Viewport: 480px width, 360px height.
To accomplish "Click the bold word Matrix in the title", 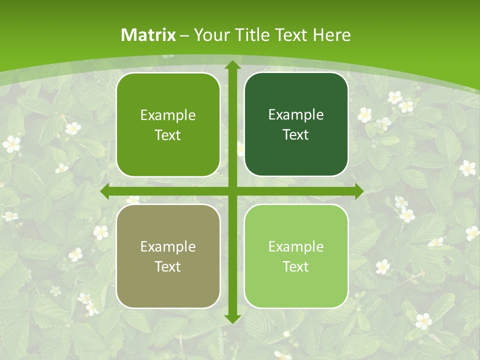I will click(x=148, y=35).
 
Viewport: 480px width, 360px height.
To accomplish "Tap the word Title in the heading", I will click(x=246, y=35).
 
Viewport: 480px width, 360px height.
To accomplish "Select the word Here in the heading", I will click(x=332, y=35).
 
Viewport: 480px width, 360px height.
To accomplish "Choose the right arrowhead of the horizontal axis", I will click(x=358, y=191).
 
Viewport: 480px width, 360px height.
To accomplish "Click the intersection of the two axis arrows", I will click(x=232, y=191).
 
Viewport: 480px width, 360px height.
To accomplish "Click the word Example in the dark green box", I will click(x=296, y=115).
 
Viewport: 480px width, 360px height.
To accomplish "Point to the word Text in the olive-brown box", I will click(x=168, y=266).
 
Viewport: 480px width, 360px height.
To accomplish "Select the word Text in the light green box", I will click(x=296, y=266).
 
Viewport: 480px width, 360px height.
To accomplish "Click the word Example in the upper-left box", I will click(x=168, y=115).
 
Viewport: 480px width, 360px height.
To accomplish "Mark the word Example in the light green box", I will click(x=296, y=246).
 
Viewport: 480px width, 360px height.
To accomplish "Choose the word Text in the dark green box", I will click(x=296, y=134).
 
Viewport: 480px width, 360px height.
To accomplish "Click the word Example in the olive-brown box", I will click(x=168, y=246).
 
